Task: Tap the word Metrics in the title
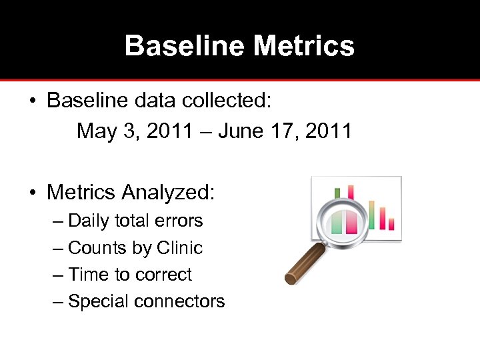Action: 304,46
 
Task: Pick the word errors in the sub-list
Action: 180,221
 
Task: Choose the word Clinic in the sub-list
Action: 179,248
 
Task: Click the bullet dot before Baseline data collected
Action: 32,101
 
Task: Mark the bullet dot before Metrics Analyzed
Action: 32,193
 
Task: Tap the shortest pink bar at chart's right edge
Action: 391,224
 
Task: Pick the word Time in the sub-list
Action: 84,275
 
